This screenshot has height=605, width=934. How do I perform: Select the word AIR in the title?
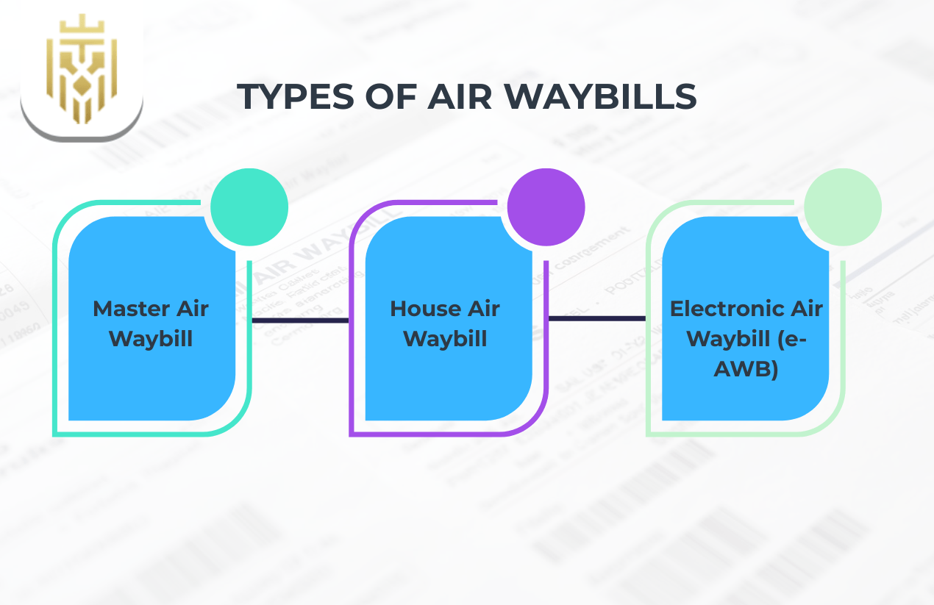(464, 97)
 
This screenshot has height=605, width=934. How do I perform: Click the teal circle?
(249, 207)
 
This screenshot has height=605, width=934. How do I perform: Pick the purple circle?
(546, 207)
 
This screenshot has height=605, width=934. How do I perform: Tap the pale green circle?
(842, 207)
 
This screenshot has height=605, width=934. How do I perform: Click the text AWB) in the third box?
(746, 370)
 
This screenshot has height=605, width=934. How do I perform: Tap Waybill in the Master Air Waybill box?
(151, 339)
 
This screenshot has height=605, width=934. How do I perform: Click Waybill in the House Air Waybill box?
(446, 339)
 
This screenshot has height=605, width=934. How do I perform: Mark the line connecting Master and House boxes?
(300, 320)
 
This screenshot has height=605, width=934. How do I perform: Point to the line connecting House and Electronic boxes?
(596, 318)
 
